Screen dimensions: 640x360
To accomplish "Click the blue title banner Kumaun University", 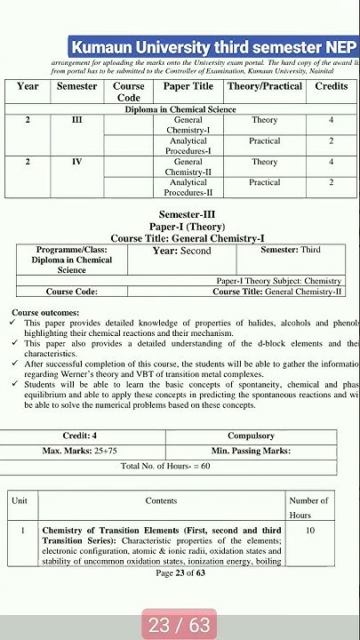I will click(x=214, y=47).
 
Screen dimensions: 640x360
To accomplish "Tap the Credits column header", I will click(x=332, y=86).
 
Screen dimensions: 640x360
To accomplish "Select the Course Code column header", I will click(x=129, y=92).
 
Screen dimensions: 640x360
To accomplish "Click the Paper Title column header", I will click(x=188, y=86).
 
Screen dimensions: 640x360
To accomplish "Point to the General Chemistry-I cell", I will click(x=188, y=124).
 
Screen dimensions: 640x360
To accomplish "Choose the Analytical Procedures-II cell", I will click(x=188, y=187).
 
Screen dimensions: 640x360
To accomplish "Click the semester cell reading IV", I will click(x=76, y=162).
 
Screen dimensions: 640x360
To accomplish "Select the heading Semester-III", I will click(x=187, y=215).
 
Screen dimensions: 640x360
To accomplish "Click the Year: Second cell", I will click(x=181, y=251).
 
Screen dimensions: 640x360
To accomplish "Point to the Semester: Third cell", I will click(x=291, y=250).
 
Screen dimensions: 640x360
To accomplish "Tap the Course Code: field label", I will click(x=72, y=291).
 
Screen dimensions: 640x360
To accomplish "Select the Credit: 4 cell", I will click(x=80, y=436).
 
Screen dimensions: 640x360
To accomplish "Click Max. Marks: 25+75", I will click(x=80, y=451).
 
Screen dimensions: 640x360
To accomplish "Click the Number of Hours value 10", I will click(x=309, y=530).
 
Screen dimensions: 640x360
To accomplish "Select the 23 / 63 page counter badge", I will click(x=179, y=625).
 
